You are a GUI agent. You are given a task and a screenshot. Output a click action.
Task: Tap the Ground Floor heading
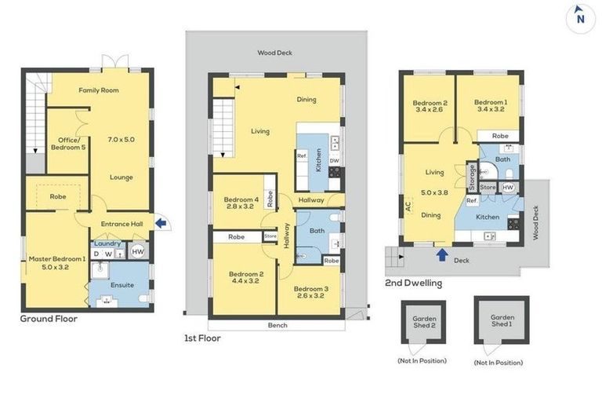[x=49, y=319]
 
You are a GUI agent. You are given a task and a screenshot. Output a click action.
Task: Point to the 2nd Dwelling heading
[x=413, y=283]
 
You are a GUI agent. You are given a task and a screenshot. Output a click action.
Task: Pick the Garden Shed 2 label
[x=422, y=323]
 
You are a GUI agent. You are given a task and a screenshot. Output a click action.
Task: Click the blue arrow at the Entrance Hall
[x=161, y=224]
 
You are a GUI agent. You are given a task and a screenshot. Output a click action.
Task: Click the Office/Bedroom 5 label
[x=67, y=143]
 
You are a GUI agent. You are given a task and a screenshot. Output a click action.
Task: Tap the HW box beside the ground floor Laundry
[x=139, y=252]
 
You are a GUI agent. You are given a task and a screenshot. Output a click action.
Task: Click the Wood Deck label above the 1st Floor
[x=274, y=53]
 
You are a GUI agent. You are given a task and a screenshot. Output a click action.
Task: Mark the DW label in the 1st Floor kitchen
[x=335, y=161]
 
